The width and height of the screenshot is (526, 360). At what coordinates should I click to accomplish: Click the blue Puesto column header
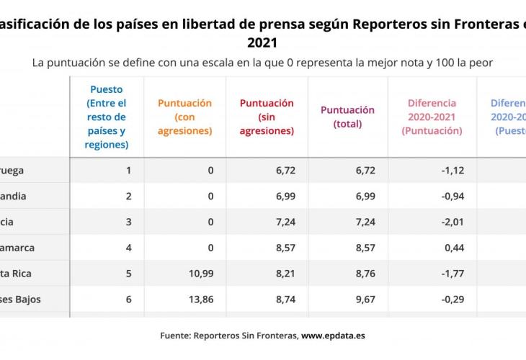[x=107, y=117]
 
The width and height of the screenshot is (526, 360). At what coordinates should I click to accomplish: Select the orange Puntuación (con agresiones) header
[x=184, y=117]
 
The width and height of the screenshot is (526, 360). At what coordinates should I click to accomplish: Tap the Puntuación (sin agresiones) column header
[x=267, y=117]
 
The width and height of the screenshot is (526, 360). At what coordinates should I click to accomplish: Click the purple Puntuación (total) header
[x=347, y=117]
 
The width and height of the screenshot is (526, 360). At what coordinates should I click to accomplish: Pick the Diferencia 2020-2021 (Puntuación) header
[x=432, y=117]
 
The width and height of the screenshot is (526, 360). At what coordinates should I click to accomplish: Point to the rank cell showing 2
[x=129, y=197]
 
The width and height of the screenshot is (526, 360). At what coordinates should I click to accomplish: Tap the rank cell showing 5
[x=129, y=274]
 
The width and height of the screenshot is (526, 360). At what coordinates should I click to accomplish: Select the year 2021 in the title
[x=262, y=43]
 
